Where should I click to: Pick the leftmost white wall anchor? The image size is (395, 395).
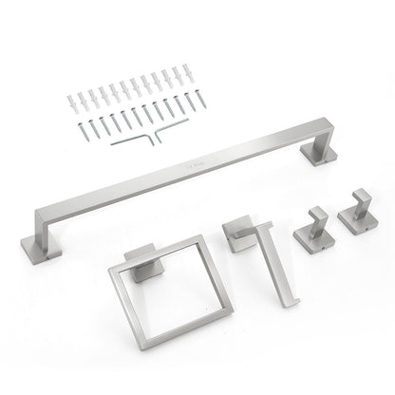(x=69, y=99)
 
